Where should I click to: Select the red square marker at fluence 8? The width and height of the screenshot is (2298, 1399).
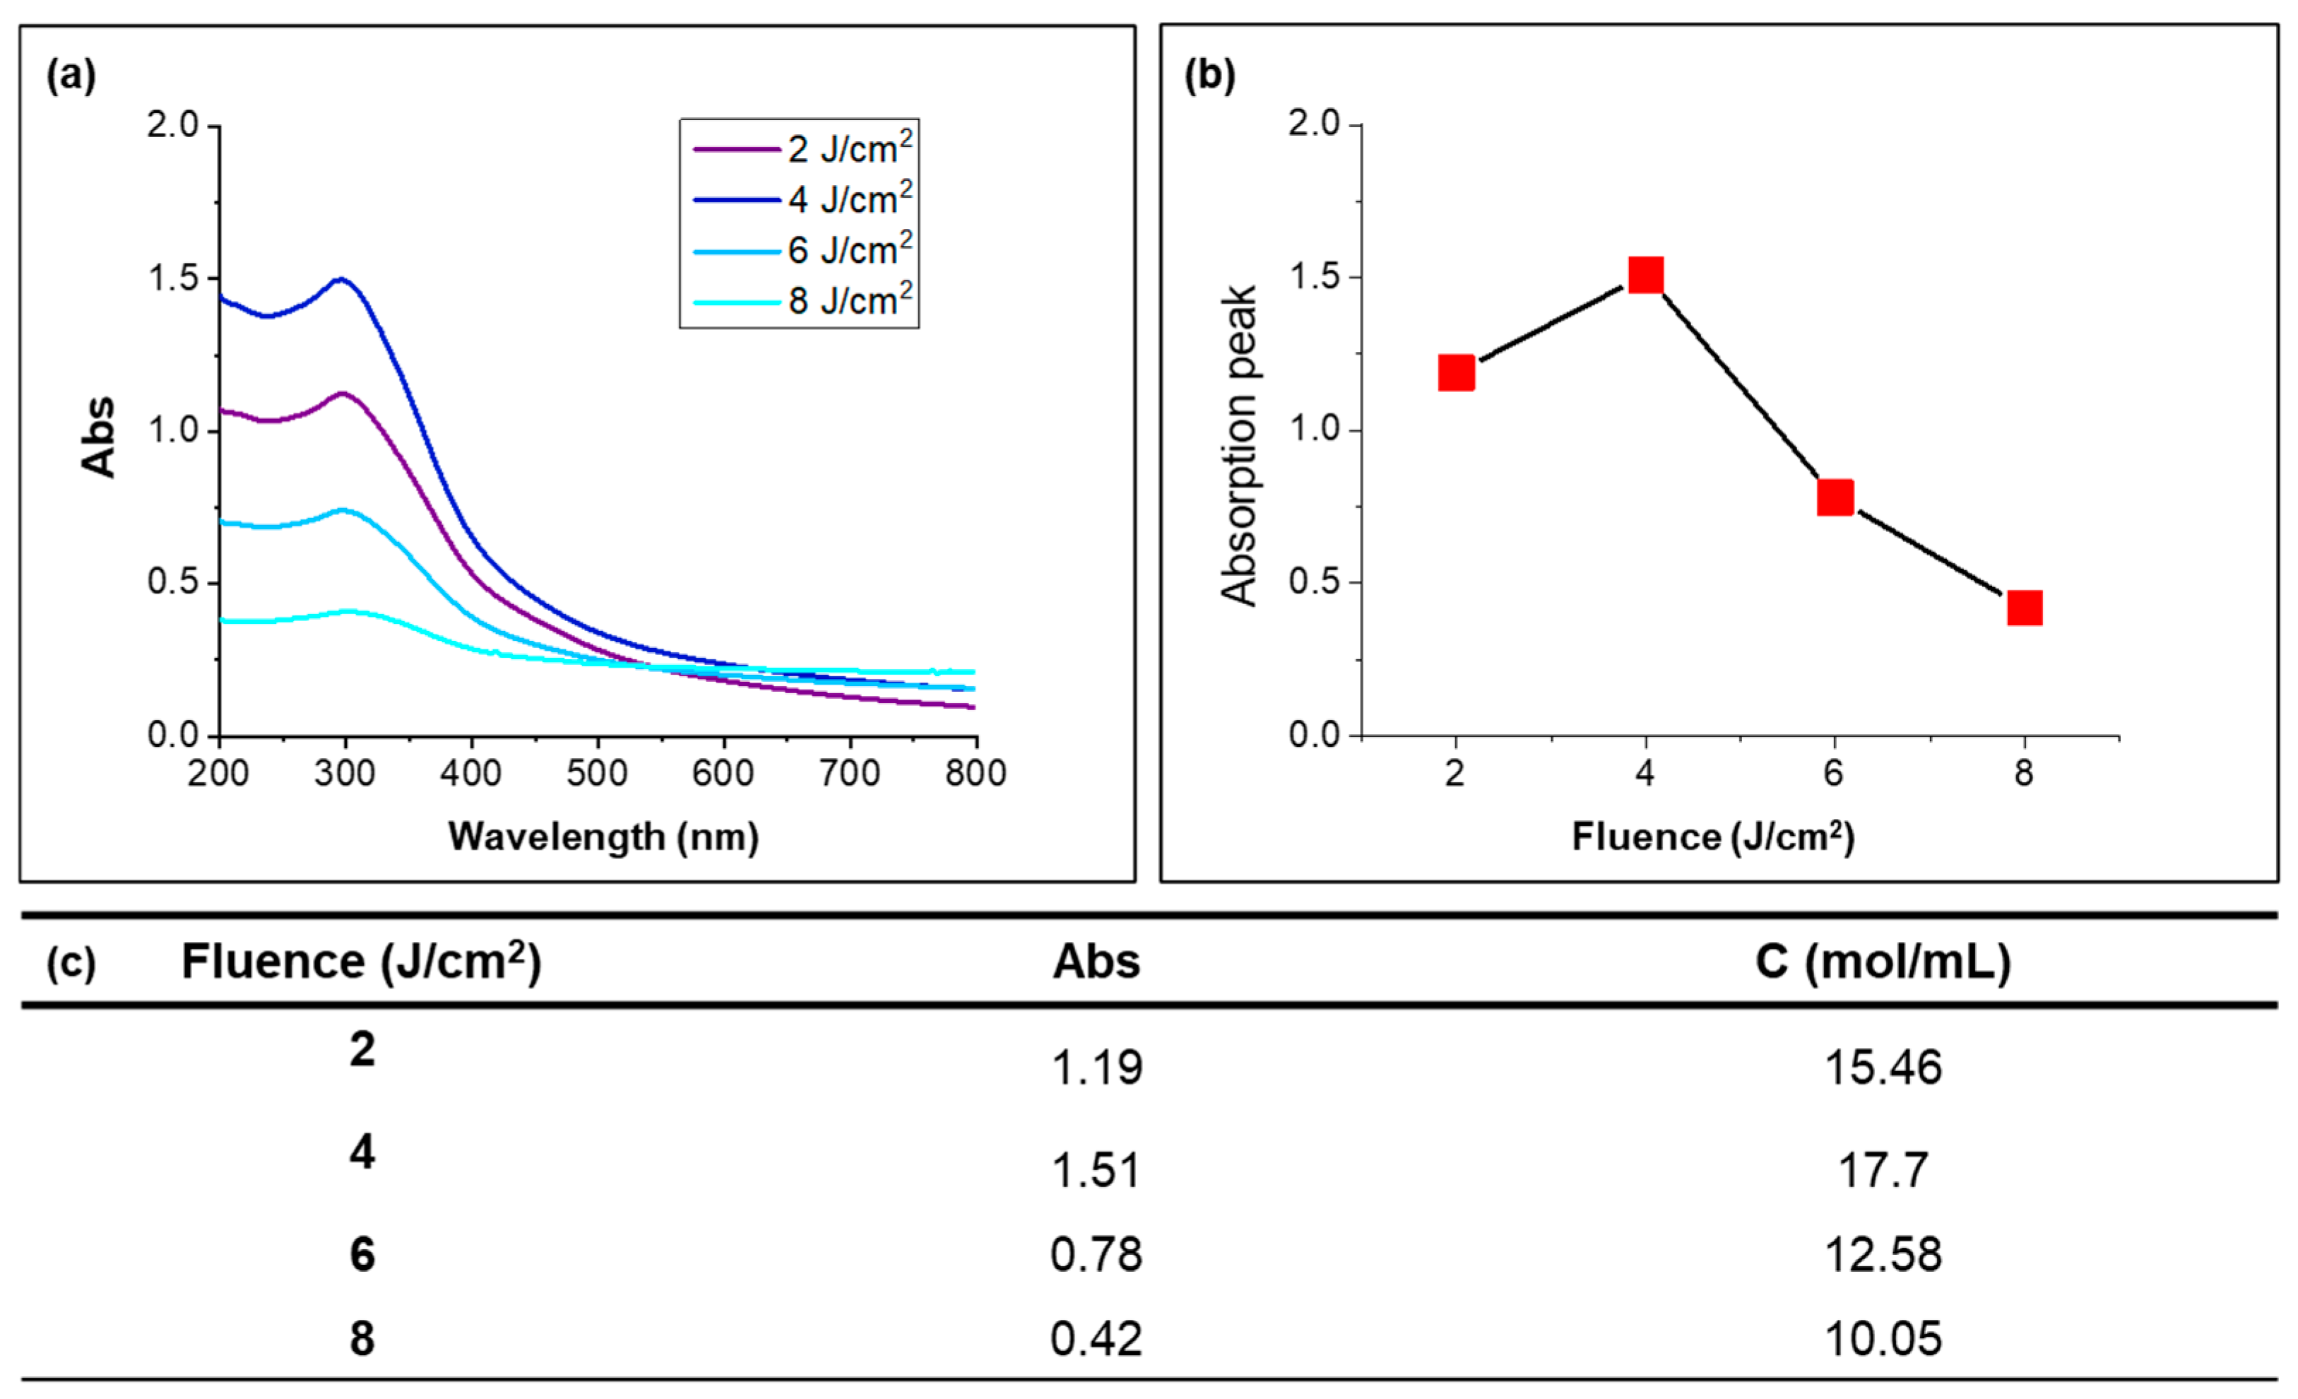[2025, 608]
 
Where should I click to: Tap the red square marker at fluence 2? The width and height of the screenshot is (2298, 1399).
[1456, 373]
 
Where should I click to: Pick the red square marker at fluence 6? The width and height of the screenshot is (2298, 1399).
[1835, 497]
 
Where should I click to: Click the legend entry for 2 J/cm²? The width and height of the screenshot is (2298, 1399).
[802, 149]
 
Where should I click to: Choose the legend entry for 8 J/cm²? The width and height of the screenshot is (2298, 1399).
[802, 301]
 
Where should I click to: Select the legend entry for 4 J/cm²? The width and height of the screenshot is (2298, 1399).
[802, 199]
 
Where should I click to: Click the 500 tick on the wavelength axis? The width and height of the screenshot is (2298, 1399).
[597, 773]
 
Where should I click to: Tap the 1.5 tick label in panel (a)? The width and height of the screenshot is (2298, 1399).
[174, 278]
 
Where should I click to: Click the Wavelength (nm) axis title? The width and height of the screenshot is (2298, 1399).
[603, 837]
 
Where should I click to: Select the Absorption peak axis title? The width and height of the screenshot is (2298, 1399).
[1240, 446]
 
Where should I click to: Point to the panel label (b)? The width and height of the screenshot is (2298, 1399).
[1209, 75]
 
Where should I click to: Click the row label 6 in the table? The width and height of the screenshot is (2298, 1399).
[362, 1254]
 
